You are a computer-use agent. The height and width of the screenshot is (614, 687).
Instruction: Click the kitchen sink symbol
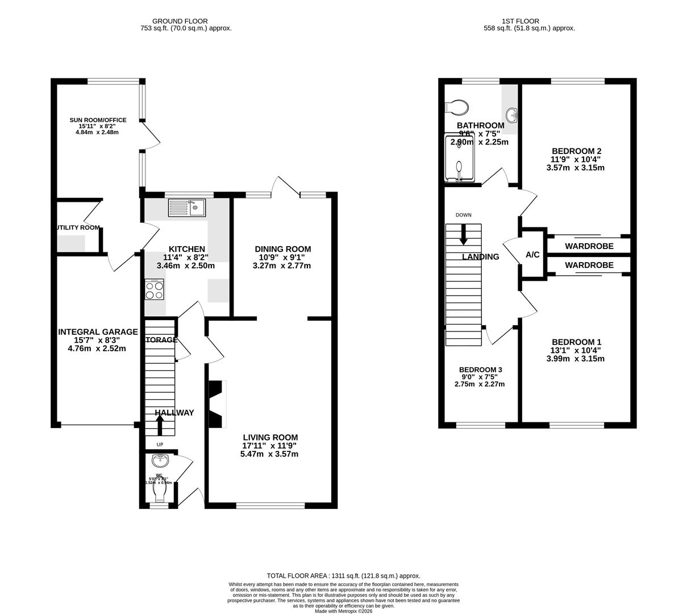(x=186, y=208)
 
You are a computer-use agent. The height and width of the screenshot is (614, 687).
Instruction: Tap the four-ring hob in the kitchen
(x=155, y=290)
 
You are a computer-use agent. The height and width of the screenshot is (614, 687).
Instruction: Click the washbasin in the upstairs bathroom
(x=513, y=114)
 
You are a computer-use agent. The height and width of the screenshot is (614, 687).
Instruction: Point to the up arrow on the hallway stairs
(x=160, y=424)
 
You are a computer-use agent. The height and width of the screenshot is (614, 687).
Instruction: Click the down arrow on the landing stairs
(x=464, y=235)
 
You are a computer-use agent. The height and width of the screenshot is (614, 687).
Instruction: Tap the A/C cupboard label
(x=532, y=255)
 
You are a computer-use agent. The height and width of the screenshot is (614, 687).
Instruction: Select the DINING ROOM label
(x=282, y=249)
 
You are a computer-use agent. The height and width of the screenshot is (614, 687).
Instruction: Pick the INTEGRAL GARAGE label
(x=98, y=332)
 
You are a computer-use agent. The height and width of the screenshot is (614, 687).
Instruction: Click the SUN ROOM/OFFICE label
(x=98, y=120)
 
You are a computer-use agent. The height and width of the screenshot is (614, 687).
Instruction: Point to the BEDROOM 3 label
(x=480, y=370)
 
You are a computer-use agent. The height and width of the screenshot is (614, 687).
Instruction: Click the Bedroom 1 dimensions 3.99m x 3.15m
(x=575, y=359)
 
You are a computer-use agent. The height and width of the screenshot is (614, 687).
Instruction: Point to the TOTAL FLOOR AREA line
(x=343, y=576)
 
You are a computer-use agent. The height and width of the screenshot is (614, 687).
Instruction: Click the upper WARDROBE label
(x=589, y=246)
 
